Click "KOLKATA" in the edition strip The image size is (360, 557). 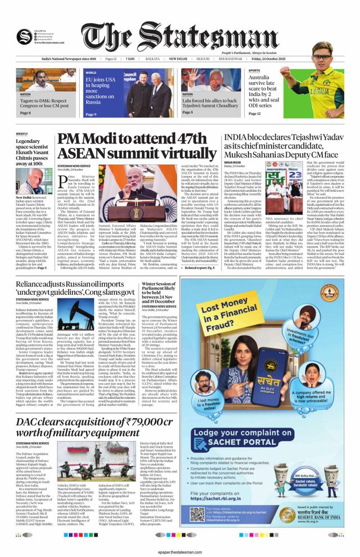152,59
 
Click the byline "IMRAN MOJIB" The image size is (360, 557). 233,162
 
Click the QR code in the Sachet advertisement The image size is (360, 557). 197,514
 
